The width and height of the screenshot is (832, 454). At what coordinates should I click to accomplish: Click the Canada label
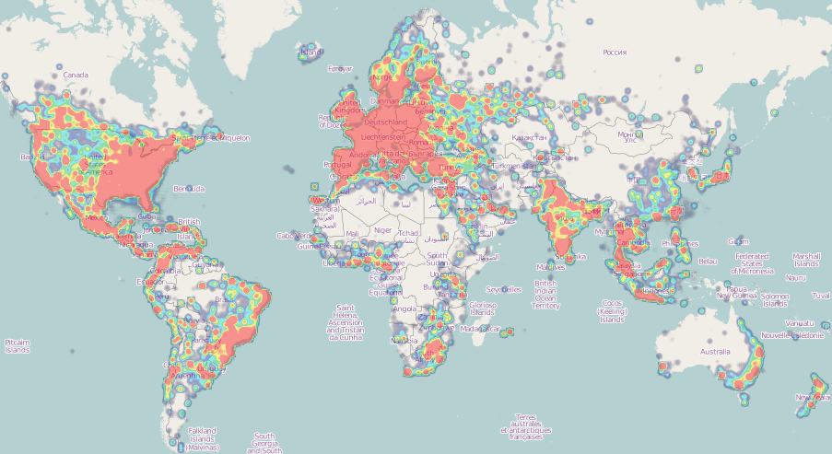(76, 75)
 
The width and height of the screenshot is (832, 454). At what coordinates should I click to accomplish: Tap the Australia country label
(715, 352)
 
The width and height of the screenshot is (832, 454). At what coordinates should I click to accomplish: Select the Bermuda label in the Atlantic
(189, 188)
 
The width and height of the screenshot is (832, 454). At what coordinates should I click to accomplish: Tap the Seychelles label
(503, 289)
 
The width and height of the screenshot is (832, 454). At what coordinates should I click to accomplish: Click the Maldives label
(524, 267)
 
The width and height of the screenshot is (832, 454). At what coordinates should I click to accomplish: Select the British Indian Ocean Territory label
(545, 295)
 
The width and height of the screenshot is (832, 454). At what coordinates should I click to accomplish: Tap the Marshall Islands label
(806, 261)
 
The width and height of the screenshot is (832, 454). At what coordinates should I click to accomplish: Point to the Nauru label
(795, 277)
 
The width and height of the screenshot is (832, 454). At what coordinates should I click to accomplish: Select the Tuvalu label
(821, 296)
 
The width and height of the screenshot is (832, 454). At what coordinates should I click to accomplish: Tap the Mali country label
(353, 234)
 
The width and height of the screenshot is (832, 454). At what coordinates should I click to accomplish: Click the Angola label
(405, 309)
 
